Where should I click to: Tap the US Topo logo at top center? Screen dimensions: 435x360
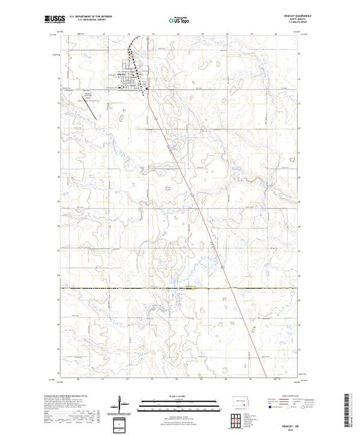pos(179,21)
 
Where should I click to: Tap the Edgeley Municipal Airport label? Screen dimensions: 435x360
pos(88,93)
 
